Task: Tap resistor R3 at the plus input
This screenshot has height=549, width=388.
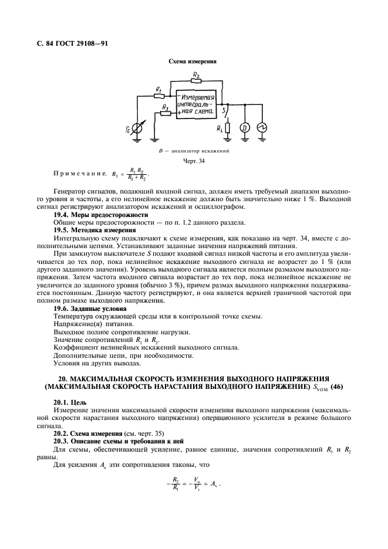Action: pyautogui.click(x=166, y=114)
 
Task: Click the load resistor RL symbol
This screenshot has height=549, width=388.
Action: pyautogui.click(x=226, y=127)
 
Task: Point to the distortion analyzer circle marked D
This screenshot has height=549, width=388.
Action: pyautogui.click(x=246, y=127)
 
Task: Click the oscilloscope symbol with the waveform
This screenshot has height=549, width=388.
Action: pyautogui.click(x=262, y=127)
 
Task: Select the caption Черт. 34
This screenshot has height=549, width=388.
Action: pyautogui.click(x=193, y=161)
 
